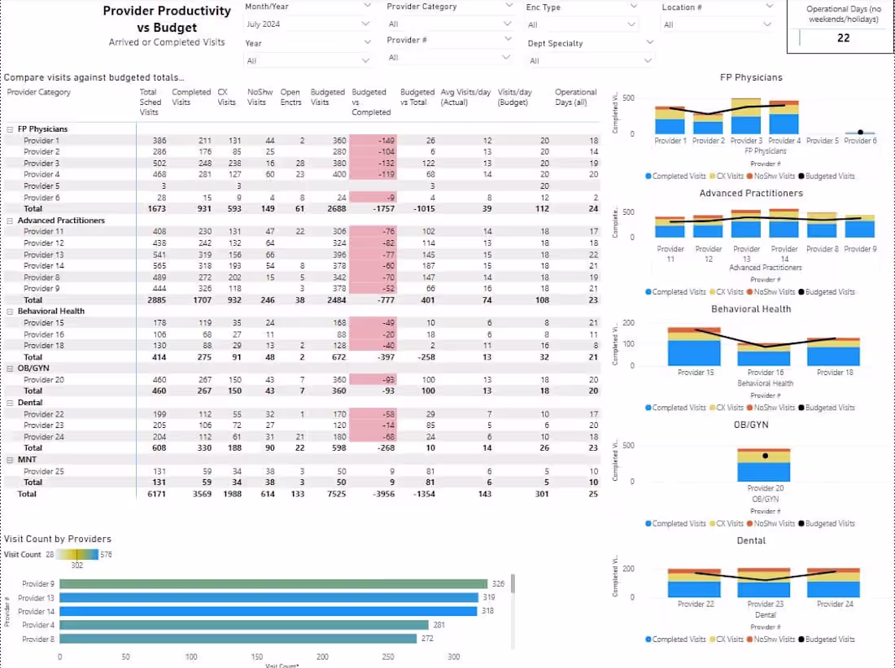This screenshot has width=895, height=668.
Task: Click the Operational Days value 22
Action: point(843,38)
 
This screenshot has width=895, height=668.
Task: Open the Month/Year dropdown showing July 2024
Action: point(308,24)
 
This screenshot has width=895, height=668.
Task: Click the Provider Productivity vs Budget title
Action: point(167,20)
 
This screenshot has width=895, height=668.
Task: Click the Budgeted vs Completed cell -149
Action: point(373,141)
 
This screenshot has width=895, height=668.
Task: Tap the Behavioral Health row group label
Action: point(50,311)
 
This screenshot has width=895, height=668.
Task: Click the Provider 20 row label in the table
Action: point(44,380)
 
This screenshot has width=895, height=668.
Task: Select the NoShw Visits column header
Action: point(257,97)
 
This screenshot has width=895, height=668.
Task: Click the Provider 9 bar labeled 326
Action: point(273,583)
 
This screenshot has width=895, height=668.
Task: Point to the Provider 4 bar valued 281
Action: point(244,625)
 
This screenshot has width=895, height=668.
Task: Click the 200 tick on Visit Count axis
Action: point(322,657)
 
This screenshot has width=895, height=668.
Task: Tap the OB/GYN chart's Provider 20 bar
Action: point(764,469)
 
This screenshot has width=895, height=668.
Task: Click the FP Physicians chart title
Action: point(750,77)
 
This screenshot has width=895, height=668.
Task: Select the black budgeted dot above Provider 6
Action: point(860,132)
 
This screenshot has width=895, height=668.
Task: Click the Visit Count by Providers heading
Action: point(58,539)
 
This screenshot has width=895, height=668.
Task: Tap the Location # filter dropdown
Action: point(716,24)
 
